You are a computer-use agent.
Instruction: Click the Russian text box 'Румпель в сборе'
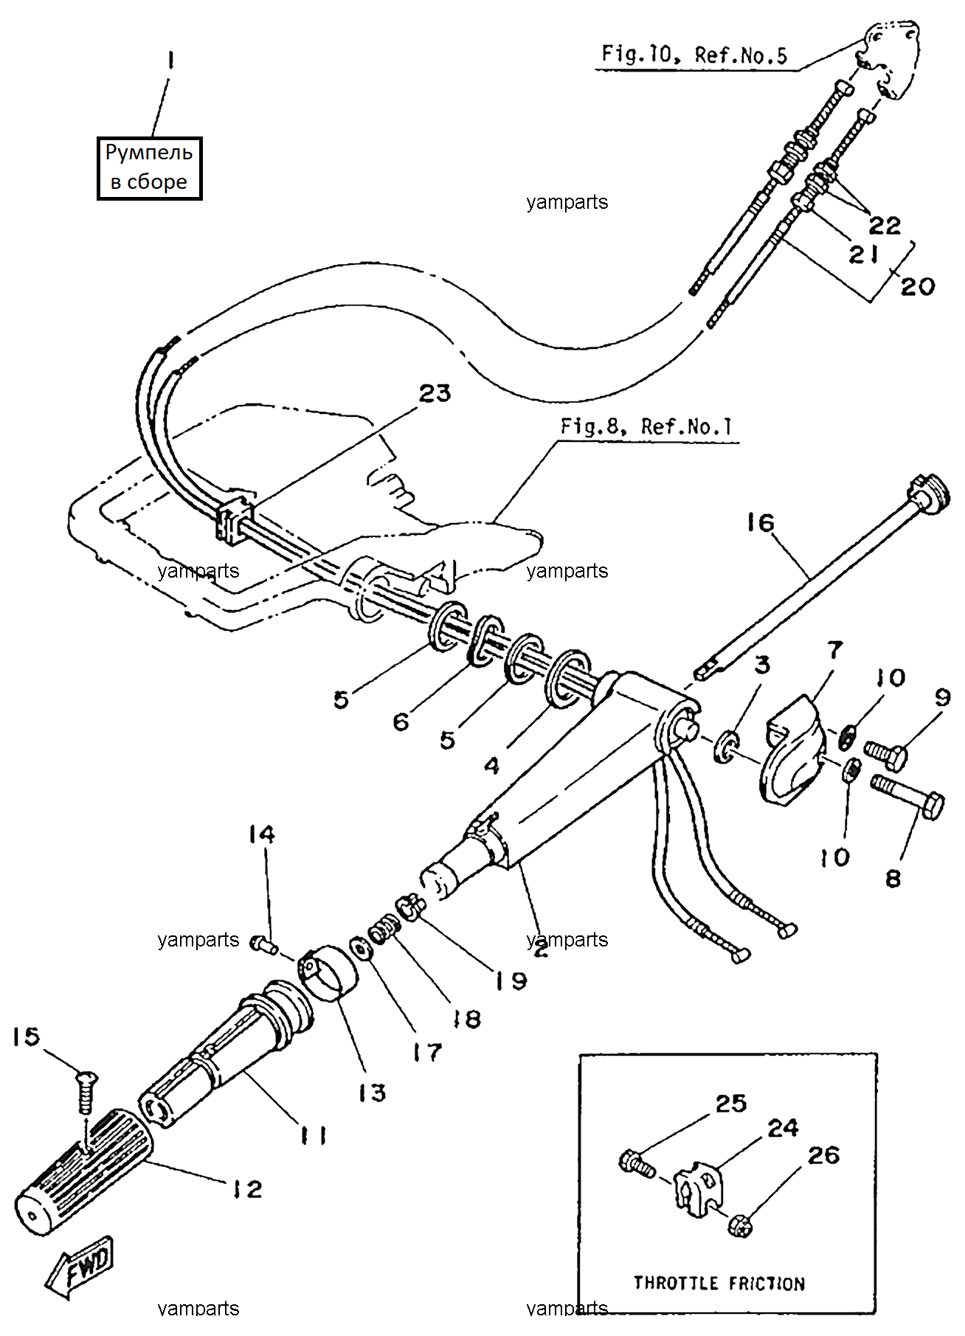point(150,168)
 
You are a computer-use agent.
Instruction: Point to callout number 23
point(435,394)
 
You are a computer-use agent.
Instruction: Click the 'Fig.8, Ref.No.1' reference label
point(646,426)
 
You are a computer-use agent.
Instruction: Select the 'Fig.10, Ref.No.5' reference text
point(694,54)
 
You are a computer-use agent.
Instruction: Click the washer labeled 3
point(726,746)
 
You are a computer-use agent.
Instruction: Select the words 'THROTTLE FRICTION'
point(719,1283)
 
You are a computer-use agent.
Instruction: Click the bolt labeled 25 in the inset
point(637,1163)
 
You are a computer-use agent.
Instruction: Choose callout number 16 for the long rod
point(761,523)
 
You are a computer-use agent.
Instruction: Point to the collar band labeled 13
point(329,975)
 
